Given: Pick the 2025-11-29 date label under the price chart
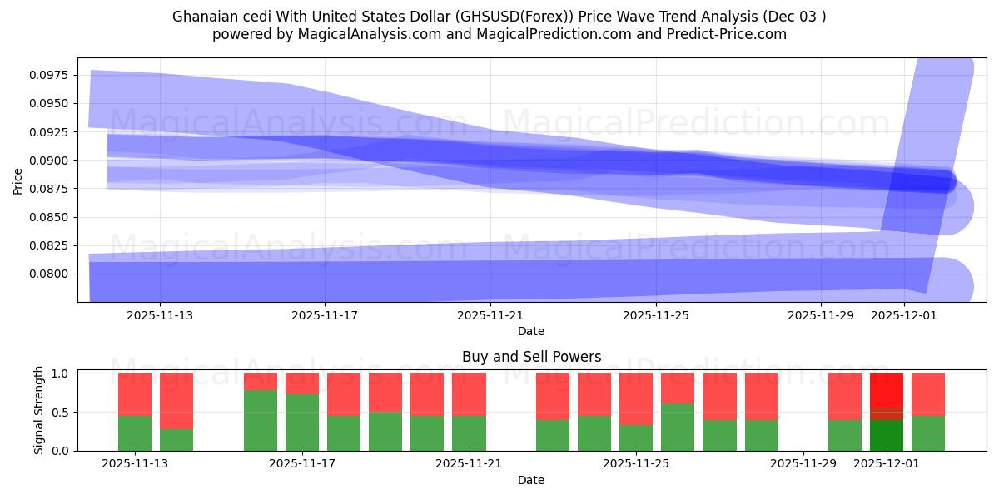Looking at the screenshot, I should coord(820,315).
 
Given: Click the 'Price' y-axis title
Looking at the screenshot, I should coord(18,180).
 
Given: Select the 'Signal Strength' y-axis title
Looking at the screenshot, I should coord(39,411).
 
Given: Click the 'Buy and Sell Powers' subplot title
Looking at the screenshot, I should coord(531,357).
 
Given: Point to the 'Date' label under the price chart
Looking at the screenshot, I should coord(531,331).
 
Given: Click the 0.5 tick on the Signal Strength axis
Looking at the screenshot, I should coord(61,413).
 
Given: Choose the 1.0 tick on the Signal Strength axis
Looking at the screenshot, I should coord(61,373).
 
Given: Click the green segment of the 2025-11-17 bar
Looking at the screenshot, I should coord(302,422).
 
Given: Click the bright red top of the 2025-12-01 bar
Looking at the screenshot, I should coord(887,389).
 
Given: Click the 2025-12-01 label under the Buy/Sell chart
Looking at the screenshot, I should coord(887,463).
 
